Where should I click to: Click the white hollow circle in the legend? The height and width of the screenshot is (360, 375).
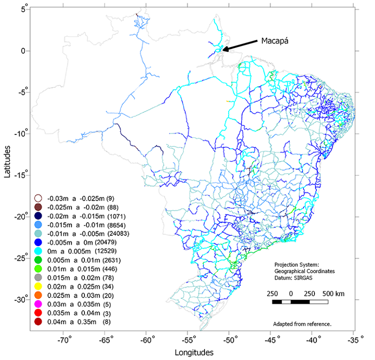tap(39, 198)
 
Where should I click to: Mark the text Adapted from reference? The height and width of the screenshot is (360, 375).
tap(302, 324)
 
